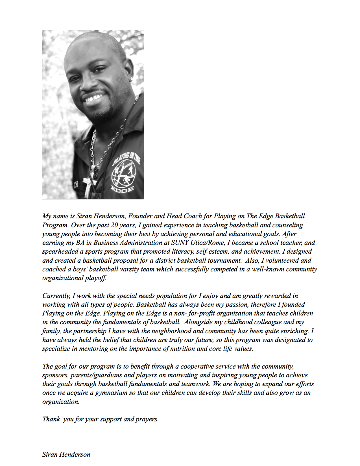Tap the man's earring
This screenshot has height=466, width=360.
[x=131, y=79]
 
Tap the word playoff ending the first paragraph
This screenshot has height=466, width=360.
[x=96, y=278]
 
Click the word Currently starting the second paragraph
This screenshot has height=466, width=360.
[x=56, y=296]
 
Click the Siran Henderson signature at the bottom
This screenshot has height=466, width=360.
[x=66, y=454]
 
